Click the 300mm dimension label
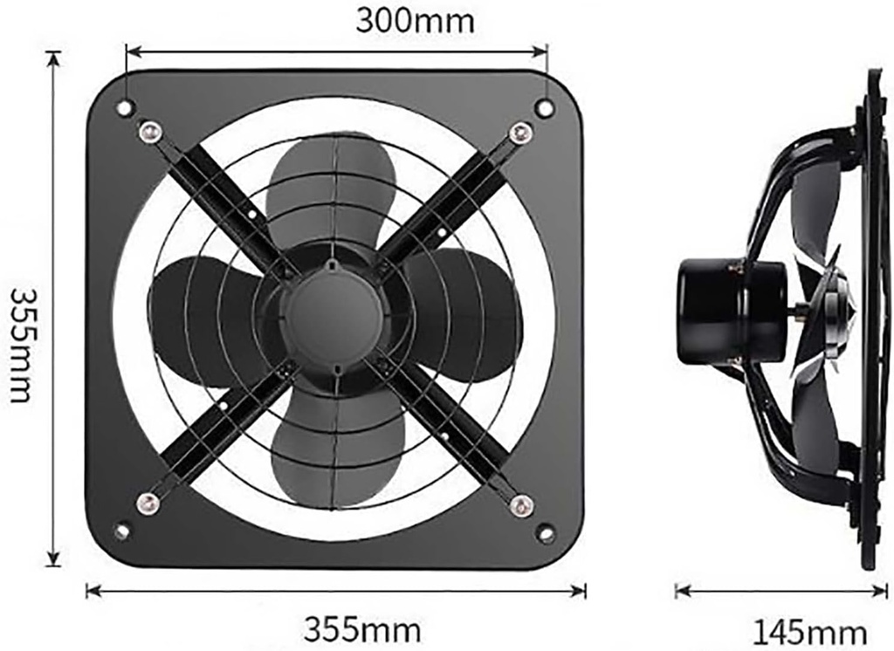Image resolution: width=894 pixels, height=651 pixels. [x=415, y=21]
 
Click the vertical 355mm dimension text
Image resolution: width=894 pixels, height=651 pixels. [x=22, y=345]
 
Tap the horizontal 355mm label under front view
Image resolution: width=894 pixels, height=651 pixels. [x=361, y=627]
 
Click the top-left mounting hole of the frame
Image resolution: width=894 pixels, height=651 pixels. [x=125, y=107]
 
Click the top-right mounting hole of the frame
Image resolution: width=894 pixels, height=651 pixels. [x=544, y=108]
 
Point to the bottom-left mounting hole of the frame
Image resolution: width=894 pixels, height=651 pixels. [x=122, y=531]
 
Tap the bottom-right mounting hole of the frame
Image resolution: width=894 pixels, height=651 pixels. [x=546, y=531]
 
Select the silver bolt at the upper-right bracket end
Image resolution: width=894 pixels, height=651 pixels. [x=521, y=133]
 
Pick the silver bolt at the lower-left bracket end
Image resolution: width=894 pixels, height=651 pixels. [x=149, y=503]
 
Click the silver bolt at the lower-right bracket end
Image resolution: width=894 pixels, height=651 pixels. [x=521, y=504]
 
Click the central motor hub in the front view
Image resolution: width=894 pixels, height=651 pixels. [x=334, y=315]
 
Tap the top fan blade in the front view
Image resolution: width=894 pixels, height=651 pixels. [x=332, y=188]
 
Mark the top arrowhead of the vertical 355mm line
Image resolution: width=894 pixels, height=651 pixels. [x=54, y=58]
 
